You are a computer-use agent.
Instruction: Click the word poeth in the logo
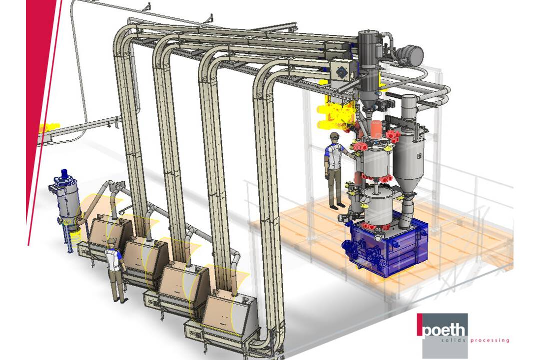(x=444, y=331)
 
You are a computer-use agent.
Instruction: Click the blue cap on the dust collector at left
(x=64, y=174)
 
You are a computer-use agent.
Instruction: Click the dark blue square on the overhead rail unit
(x=341, y=72)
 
